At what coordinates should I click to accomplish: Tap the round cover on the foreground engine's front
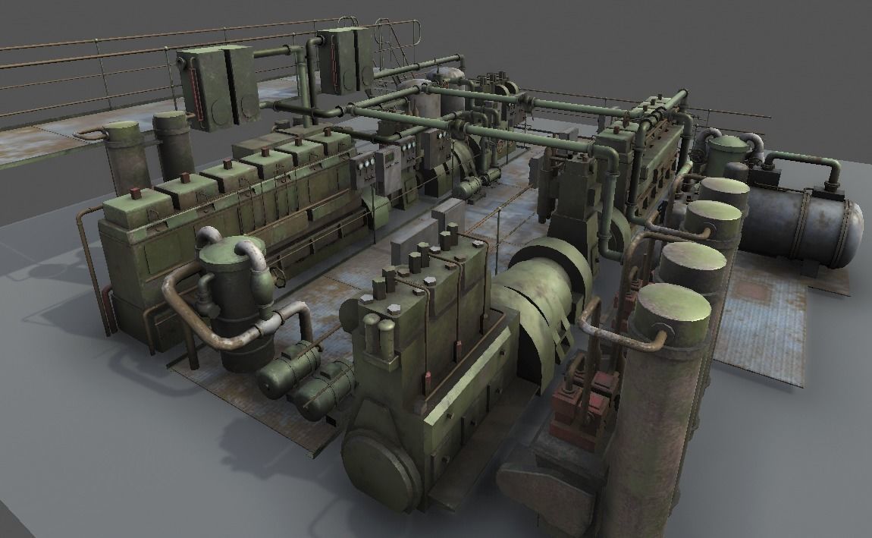pyautogui.click(x=380, y=467)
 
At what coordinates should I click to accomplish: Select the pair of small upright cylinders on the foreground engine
pyautogui.click(x=379, y=334)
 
